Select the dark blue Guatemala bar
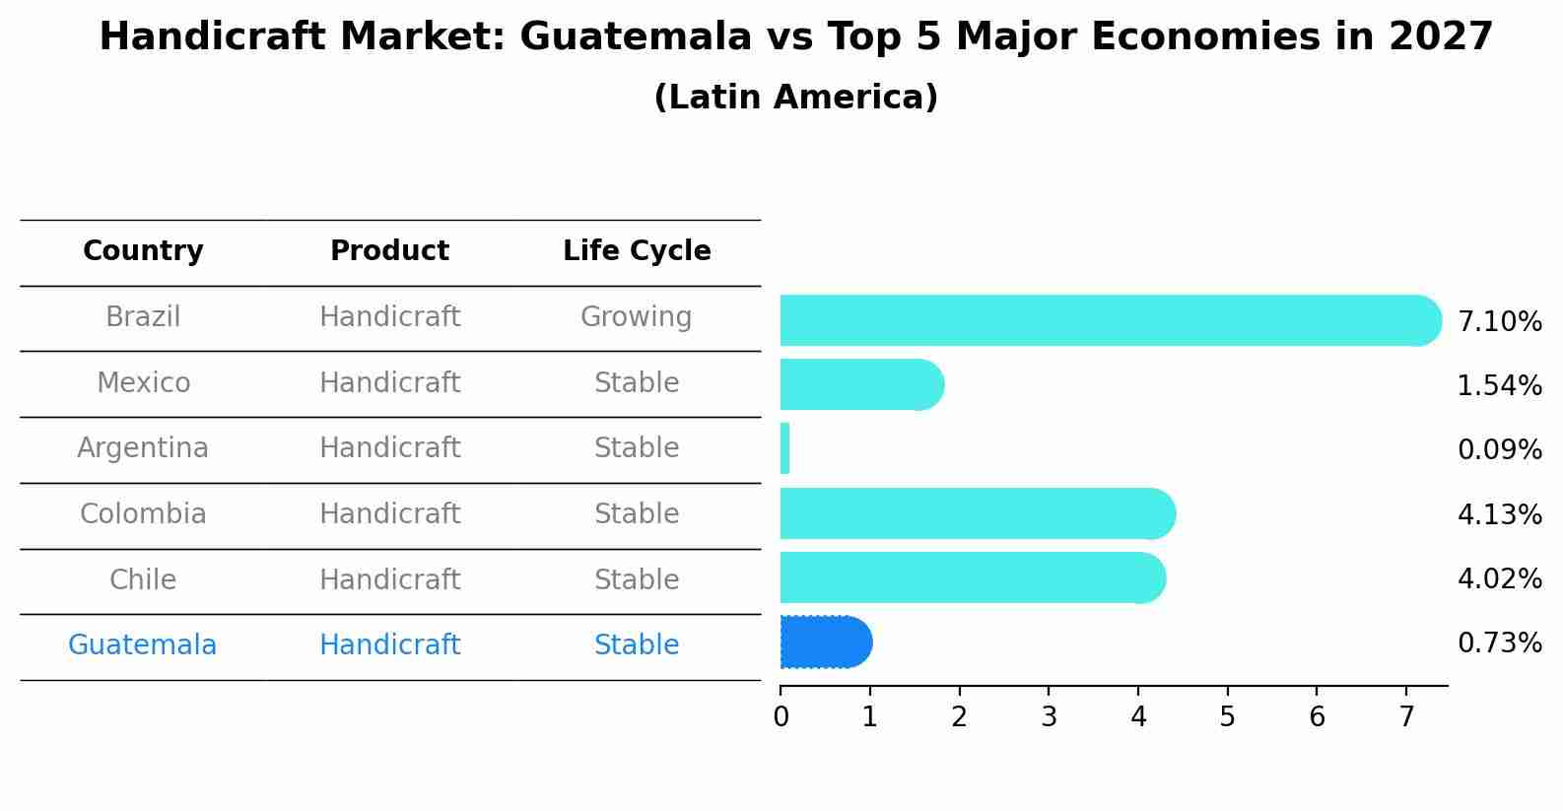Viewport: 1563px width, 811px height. coord(826,642)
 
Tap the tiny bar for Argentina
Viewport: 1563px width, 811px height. coord(784,449)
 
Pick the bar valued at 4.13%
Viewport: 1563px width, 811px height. coord(977,513)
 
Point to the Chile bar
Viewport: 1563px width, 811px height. coord(972,577)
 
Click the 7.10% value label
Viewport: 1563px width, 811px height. coord(1499,321)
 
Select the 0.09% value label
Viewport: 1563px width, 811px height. coord(1499,450)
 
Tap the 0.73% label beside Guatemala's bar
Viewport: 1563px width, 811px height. coord(1499,643)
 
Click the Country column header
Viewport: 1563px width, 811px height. coord(143,251)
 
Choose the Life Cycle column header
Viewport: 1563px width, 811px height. coord(637,251)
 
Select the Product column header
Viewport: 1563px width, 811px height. coord(389,251)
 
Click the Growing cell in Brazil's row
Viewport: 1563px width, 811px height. coord(636,317)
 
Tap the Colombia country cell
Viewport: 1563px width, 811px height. coord(143,514)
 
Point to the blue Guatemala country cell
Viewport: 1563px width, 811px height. coord(143,645)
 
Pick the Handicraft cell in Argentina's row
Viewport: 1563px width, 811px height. coord(389,448)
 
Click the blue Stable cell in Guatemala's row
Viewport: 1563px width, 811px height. coord(636,645)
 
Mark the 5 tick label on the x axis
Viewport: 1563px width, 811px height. coord(1227,717)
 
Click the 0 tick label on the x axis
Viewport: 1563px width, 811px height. coord(781,717)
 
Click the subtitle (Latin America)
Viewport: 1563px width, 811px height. coord(795,98)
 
